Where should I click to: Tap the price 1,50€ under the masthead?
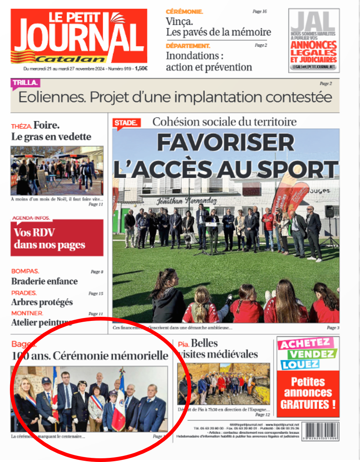[141, 69]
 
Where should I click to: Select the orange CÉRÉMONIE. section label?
[184, 12]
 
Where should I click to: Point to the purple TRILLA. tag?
[25, 83]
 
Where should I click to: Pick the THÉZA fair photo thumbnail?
[57, 171]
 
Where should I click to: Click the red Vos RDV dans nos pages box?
[57, 238]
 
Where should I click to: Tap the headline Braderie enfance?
[45, 281]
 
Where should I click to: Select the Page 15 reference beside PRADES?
[96, 294]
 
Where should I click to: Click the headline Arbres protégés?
[42, 302]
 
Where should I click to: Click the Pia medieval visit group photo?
[224, 384]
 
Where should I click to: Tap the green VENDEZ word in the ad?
[312, 354]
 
